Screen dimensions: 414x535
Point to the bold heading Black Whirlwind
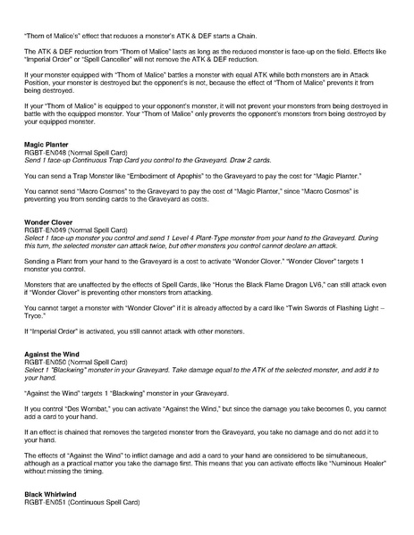tap(49, 494)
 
